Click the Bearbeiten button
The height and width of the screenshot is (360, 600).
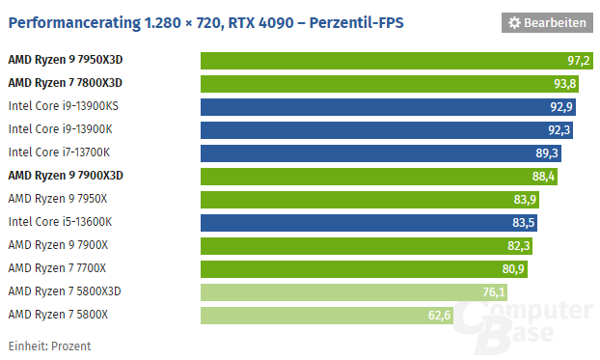point(547,22)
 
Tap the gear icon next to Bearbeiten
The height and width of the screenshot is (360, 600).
point(515,22)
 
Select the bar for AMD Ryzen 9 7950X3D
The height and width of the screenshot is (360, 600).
point(396,61)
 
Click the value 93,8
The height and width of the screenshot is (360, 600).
point(565,84)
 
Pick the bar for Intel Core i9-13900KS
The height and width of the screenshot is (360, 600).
point(388,107)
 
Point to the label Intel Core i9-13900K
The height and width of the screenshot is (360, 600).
point(61,129)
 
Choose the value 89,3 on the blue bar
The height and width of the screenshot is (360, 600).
point(546,153)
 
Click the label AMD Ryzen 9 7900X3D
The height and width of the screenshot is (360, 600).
point(66,176)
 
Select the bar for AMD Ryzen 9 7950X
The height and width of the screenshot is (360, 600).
point(369,200)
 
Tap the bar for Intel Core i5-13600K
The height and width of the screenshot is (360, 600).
point(368,223)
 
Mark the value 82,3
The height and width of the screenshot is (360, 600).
point(519,246)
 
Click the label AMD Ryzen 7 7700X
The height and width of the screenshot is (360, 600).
point(58,268)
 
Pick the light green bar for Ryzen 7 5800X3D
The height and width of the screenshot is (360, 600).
point(354,292)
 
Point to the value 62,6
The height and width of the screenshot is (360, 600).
point(439,316)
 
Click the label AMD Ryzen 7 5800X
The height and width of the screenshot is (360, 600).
point(58,315)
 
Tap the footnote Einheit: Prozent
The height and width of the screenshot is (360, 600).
point(50,346)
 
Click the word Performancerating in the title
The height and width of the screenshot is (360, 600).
point(74,23)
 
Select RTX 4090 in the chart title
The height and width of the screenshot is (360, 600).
point(260,22)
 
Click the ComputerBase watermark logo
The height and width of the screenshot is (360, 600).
point(522,325)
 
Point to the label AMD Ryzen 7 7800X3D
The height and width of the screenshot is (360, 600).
point(66,83)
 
